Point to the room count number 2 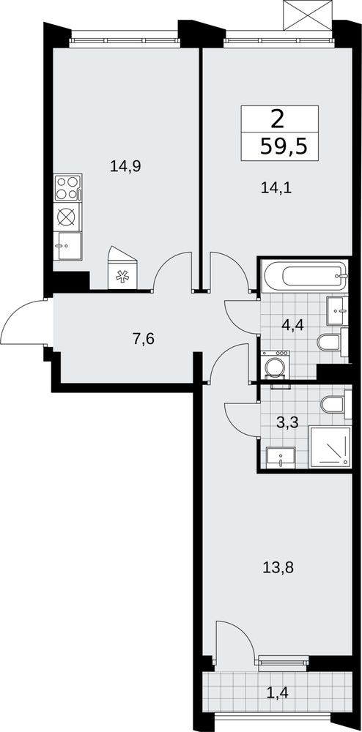tap(278, 120)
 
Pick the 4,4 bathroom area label tap(292, 324)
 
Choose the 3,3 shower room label tap(287, 423)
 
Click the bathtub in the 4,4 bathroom tap(306, 277)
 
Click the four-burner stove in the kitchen tap(67, 187)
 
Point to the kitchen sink tap(67, 246)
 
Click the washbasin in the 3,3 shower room tap(281, 457)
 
